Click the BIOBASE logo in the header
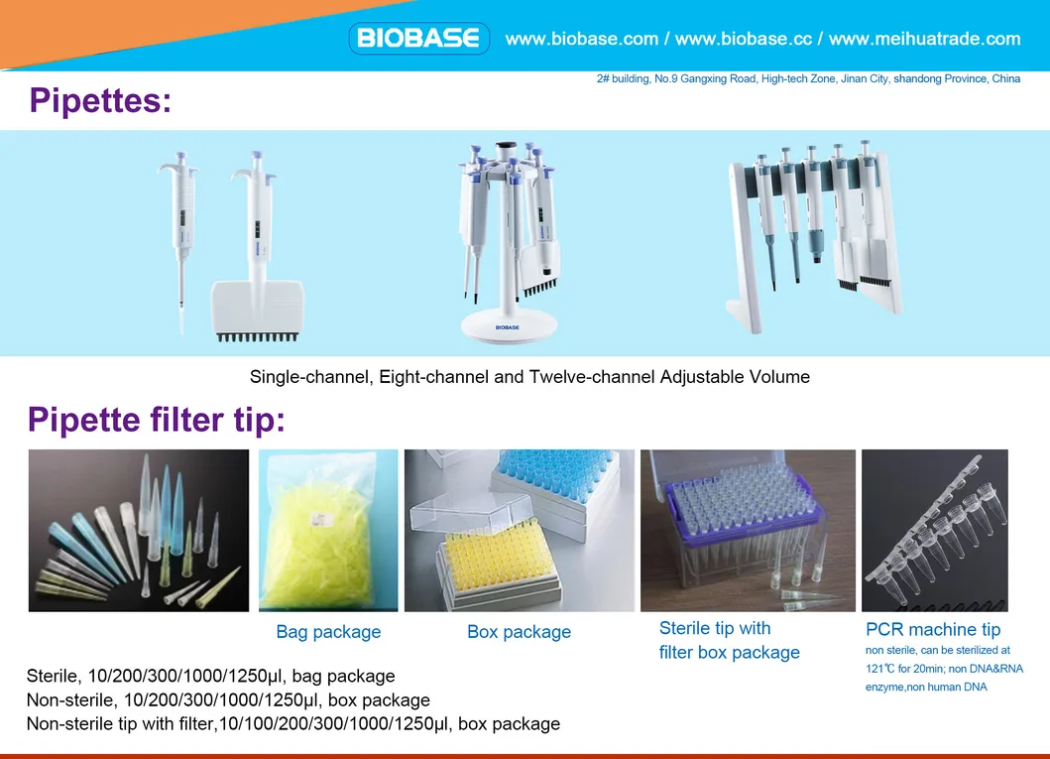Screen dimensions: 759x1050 [x=418, y=39]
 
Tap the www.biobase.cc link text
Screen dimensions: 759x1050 [x=743, y=39]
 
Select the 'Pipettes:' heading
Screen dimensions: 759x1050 [x=100, y=100]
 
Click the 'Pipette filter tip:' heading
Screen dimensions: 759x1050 [x=157, y=420]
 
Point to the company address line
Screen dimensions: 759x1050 [x=808, y=78]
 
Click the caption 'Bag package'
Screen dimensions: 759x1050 [x=328, y=632]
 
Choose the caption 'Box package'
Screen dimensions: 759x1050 [x=519, y=632]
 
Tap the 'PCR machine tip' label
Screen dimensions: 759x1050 [x=933, y=629]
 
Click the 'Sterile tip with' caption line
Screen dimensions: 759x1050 [x=715, y=628]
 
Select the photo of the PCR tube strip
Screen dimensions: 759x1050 [x=934, y=531]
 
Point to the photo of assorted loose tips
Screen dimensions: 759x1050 [x=138, y=531]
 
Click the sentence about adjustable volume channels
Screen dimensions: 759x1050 [x=529, y=377]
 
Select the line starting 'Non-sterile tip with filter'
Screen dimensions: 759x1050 [x=292, y=724]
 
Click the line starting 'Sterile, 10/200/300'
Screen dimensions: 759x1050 [x=210, y=677]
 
